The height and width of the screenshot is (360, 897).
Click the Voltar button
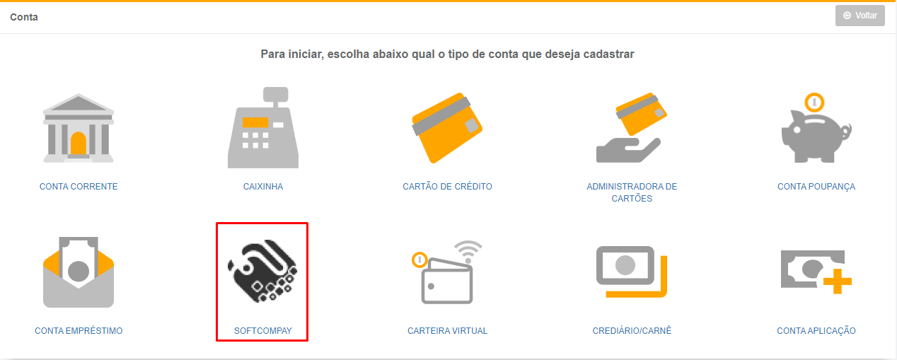[860, 16]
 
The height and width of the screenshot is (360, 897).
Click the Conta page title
[24, 17]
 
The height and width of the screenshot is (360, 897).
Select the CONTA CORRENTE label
[79, 187]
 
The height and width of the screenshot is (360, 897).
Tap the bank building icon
[79, 128]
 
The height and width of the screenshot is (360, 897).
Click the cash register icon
[263, 128]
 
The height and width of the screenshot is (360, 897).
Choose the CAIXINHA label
[263, 187]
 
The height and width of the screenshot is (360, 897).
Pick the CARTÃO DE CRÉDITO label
[447, 187]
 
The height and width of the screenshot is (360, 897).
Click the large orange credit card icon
[447, 128]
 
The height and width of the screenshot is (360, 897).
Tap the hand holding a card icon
[632, 128]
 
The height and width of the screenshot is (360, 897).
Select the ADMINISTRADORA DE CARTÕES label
[632, 192]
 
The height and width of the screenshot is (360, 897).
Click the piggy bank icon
[816, 137]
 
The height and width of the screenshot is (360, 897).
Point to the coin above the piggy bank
[814, 103]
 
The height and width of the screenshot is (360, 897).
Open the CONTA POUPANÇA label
[816, 187]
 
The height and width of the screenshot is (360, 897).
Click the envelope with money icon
[79, 272]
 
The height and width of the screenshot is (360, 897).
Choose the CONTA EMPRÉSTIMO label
[79, 331]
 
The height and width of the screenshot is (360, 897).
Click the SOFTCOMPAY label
[263, 331]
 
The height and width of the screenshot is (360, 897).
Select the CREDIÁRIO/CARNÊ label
[632, 331]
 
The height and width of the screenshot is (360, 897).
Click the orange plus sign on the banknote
[838, 281]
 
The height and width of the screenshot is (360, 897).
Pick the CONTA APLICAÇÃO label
[816, 331]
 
